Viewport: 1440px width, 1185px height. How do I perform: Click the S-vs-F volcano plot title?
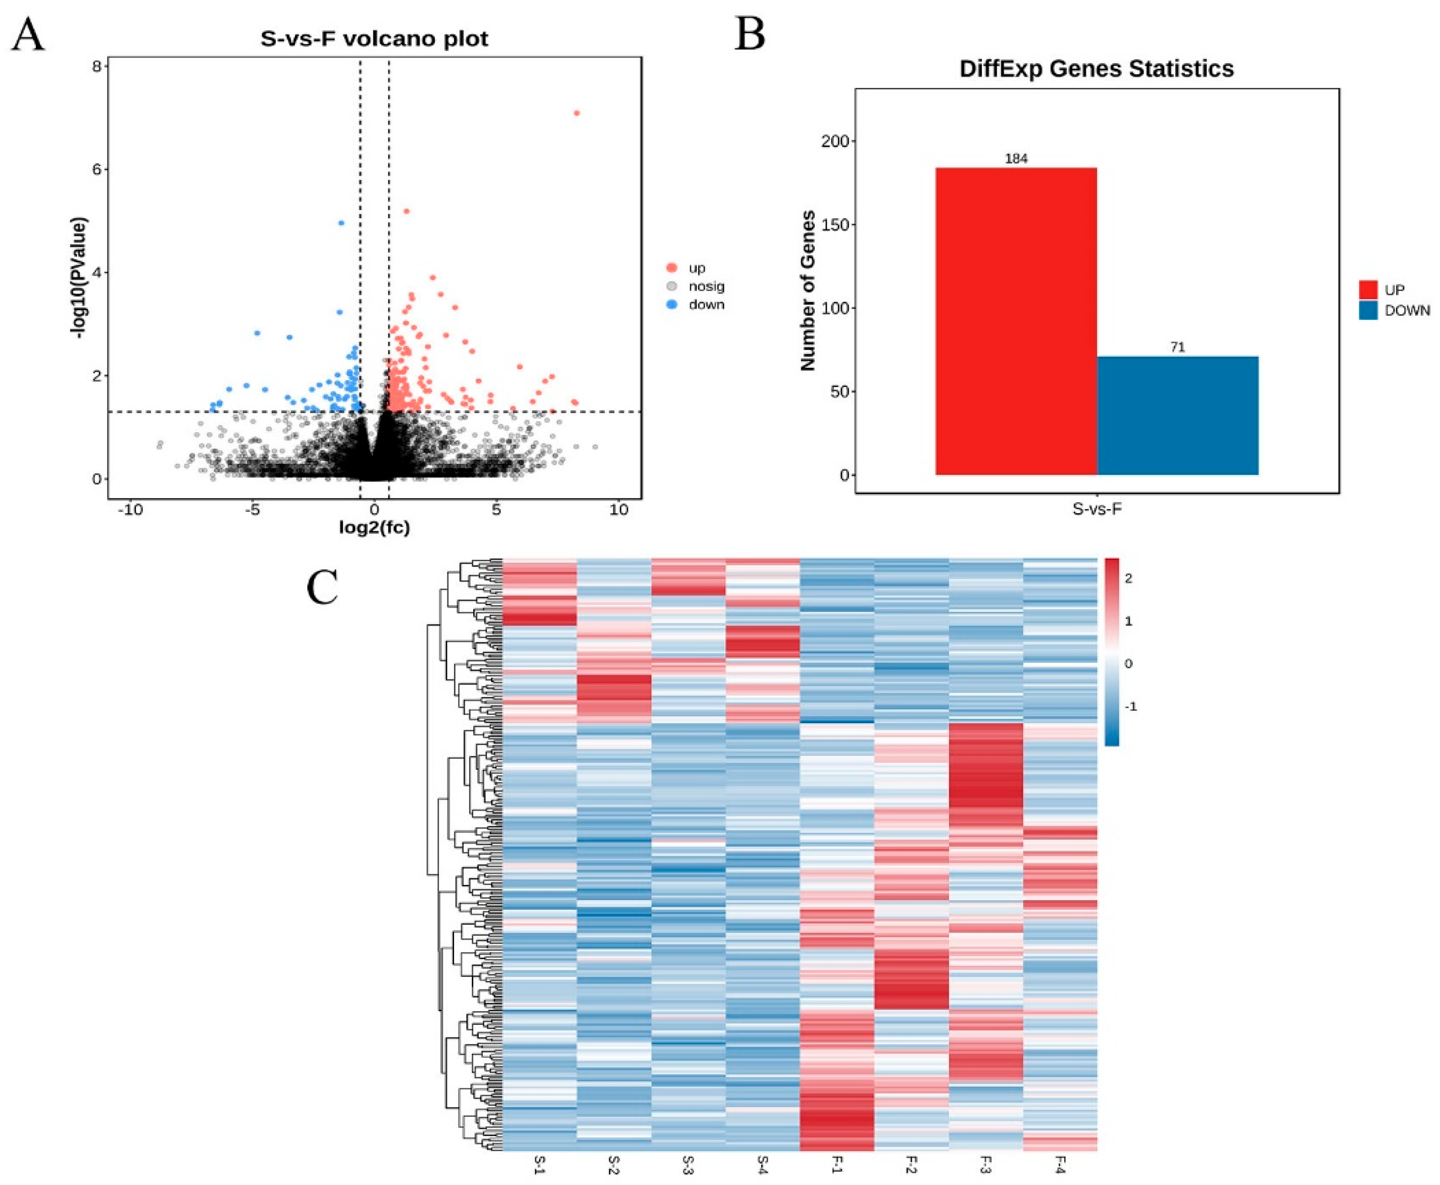[x=374, y=38]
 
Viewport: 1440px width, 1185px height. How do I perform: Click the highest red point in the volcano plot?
[x=577, y=113]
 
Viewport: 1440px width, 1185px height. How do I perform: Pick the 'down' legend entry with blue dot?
[x=706, y=305]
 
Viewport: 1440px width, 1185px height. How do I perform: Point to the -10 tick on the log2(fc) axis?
[x=130, y=510]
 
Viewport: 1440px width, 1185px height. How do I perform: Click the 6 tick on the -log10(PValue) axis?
[x=97, y=169]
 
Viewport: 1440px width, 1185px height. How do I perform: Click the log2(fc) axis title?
[x=374, y=527]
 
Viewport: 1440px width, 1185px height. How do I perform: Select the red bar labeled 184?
[x=1016, y=321]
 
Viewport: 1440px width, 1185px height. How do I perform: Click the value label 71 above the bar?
[x=1177, y=348]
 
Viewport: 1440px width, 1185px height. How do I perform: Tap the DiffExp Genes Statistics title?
[x=1096, y=69]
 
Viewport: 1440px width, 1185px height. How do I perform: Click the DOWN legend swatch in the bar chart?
[x=1368, y=311]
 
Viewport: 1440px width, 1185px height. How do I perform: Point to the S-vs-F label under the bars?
[x=1096, y=509]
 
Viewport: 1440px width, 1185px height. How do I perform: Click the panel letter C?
[x=322, y=588]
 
